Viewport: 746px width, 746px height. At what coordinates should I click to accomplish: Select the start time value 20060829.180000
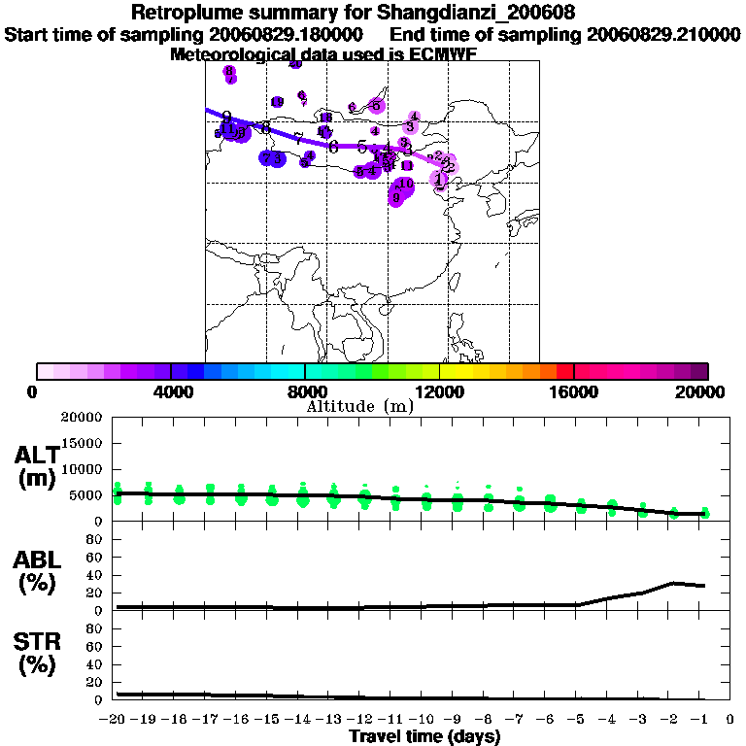288,35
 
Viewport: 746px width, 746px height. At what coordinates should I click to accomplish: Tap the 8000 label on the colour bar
305,391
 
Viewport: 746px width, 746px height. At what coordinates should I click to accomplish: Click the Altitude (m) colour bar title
359,406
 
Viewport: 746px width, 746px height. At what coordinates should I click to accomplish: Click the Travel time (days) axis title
424,737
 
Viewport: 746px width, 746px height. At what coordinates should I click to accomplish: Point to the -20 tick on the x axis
115,719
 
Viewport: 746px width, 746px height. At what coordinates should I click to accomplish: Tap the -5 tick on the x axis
580,719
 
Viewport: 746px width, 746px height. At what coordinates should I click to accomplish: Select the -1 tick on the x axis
702,719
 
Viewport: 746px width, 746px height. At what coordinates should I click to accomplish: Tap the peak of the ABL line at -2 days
673,583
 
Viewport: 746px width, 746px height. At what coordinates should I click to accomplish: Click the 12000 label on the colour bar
439,391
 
